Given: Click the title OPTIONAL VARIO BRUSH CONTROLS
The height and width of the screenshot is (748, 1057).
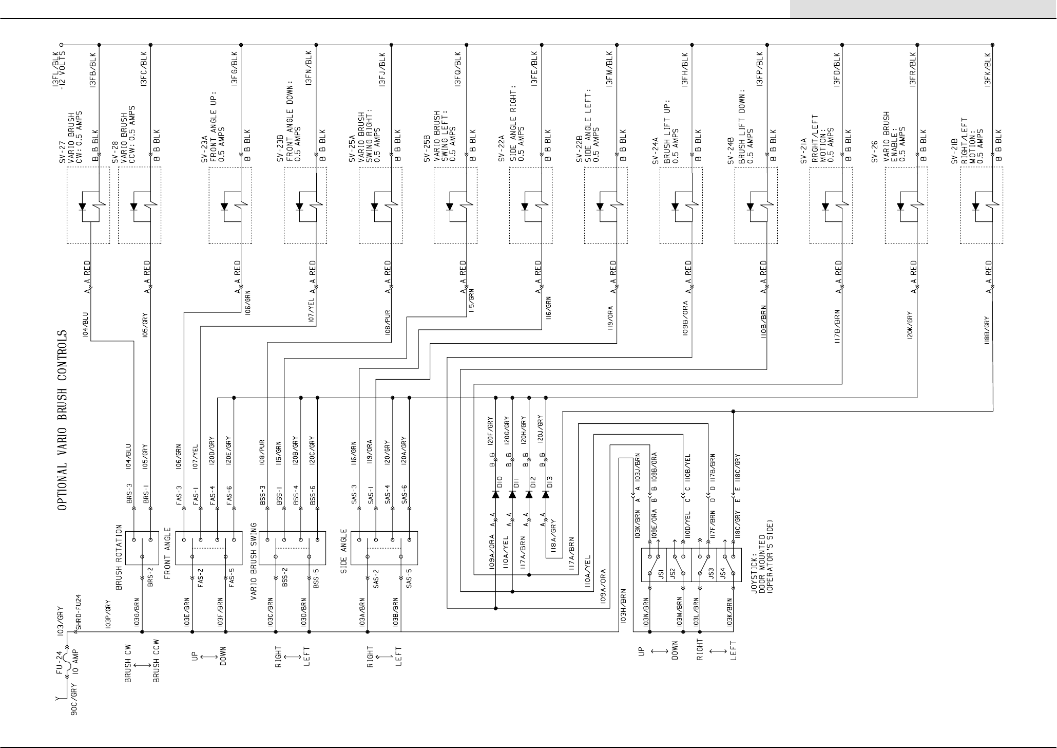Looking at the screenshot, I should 62,420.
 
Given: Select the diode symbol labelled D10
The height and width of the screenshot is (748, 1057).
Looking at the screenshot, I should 496,494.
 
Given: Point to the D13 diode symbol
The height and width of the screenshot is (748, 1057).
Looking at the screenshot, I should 546,494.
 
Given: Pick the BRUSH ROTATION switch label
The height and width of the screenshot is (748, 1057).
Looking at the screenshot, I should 119,556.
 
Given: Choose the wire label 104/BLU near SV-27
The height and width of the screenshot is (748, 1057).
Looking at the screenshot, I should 86,324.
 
